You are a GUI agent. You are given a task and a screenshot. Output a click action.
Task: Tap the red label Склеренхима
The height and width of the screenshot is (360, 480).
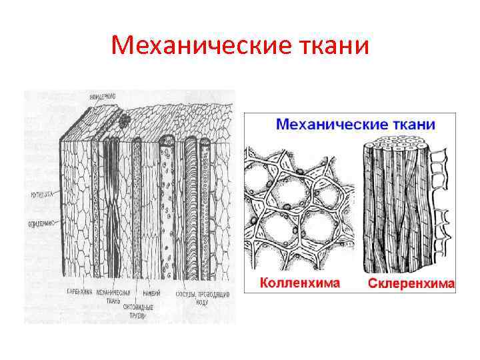coord(411,284)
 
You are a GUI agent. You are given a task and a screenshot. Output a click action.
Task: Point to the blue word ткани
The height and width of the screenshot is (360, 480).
coord(414,125)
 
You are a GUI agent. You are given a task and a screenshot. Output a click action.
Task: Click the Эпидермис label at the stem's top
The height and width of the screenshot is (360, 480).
coord(101,97)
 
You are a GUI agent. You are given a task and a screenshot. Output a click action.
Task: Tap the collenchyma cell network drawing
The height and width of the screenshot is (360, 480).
coord(299,207)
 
